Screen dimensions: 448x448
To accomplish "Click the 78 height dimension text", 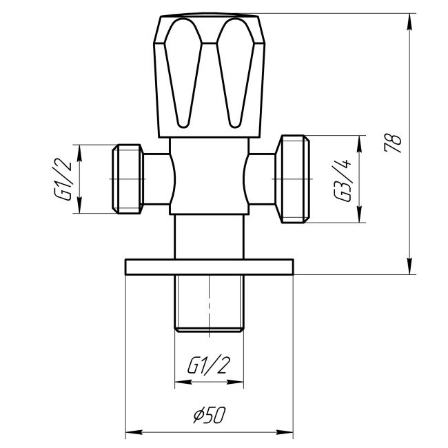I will (395, 143).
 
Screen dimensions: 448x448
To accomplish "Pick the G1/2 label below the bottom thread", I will (208, 365).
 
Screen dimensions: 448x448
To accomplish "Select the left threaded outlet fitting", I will (128, 179).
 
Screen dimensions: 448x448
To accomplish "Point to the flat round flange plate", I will (210, 266).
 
